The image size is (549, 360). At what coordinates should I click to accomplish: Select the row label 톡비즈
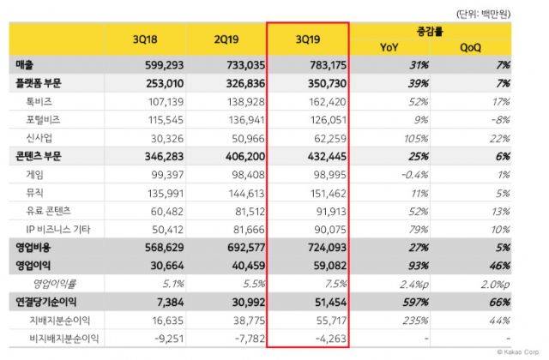(x=38, y=100)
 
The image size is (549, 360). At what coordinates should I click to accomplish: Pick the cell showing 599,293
(x=161, y=64)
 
